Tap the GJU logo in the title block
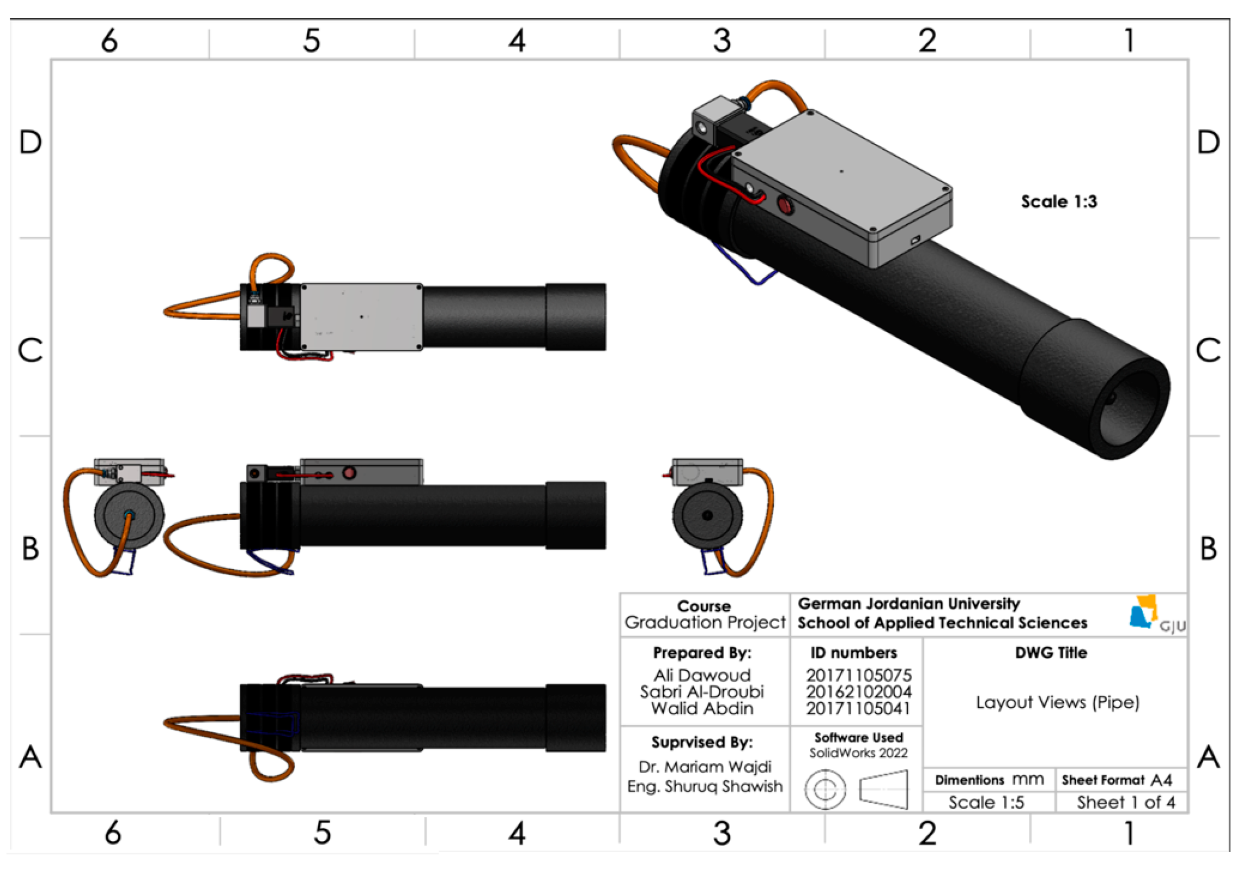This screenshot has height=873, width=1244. coord(1156,614)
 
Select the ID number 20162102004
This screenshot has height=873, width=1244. coord(858,692)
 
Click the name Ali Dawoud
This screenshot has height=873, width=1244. coord(702,675)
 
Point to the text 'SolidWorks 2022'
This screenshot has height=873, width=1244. coord(858,752)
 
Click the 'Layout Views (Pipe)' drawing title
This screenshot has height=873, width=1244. coord(1057,703)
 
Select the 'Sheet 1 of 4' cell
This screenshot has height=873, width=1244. coord(1126,802)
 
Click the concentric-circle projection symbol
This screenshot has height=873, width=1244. coord(824,790)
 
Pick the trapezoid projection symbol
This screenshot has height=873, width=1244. coord(883,790)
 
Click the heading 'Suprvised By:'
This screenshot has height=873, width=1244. coord(702,742)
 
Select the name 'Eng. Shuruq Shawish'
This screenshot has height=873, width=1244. coord(704,787)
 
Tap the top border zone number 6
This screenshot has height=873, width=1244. coord(109,41)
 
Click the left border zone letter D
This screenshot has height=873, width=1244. coord(30,143)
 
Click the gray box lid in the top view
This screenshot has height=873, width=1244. coord(362,316)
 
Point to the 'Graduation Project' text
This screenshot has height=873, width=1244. coord(704,623)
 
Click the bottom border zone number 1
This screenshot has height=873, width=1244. coord(1129,833)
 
